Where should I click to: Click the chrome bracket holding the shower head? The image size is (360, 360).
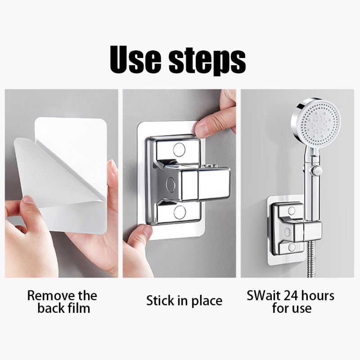(x=295, y=227)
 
